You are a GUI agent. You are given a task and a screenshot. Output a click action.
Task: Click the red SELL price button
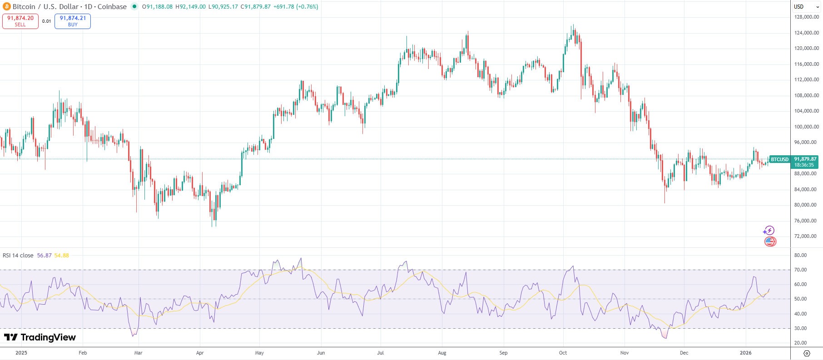pos(20,21)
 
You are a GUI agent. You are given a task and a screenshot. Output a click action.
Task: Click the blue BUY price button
pos(73,21)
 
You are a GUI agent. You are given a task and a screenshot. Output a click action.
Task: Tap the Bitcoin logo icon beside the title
pos(6,7)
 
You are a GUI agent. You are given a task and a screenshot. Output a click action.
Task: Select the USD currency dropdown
pos(806,7)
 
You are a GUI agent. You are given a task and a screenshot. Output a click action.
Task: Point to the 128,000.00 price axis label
pos(806,17)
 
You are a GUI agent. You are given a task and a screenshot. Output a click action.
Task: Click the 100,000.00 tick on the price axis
pos(806,127)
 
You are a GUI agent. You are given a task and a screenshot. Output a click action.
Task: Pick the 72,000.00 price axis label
pos(806,236)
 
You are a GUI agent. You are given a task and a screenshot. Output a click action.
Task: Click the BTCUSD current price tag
pos(779,159)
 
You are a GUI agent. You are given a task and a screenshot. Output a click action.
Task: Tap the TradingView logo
pos(40,337)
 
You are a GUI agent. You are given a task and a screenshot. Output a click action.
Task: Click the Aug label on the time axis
pos(442,353)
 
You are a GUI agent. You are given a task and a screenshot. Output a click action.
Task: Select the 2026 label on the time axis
pos(745,353)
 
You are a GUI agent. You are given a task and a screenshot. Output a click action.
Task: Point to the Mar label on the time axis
pos(138,353)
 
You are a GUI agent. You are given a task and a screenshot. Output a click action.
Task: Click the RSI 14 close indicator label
pos(18,256)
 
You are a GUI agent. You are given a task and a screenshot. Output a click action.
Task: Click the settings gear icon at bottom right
pos(807,353)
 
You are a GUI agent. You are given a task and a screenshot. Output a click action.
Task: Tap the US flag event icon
pos(770,242)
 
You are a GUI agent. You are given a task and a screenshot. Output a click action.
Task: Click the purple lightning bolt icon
pos(768,231)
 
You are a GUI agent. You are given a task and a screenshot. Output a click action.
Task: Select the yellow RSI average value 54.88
pos(62,256)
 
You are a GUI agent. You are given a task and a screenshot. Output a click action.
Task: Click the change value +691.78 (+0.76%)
pos(296,7)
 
